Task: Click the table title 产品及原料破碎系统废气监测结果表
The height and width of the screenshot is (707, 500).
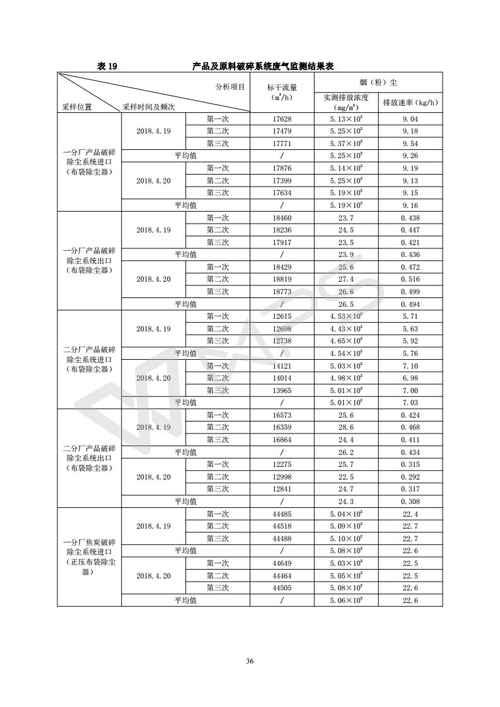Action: (x=270, y=66)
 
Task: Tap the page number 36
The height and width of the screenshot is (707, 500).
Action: (x=250, y=661)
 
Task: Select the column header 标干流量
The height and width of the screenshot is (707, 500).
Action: (x=282, y=87)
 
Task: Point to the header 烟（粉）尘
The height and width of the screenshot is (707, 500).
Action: (x=378, y=82)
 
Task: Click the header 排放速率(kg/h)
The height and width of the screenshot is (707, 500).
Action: (x=410, y=102)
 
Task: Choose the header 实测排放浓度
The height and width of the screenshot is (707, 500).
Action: (x=346, y=98)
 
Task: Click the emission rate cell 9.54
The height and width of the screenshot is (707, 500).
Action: (x=410, y=144)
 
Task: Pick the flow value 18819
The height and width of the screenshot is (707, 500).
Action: (x=282, y=279)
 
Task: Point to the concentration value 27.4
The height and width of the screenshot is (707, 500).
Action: (x=346, y=279)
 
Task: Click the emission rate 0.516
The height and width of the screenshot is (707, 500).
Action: (x=410, y=279)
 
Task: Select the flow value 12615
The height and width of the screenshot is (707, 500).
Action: (x=282, y=316)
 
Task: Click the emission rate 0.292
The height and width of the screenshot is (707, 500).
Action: (x=410, y=477)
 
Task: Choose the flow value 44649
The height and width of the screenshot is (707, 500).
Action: (x=282, y=563)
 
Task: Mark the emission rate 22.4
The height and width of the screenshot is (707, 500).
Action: (x=410, y=514)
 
